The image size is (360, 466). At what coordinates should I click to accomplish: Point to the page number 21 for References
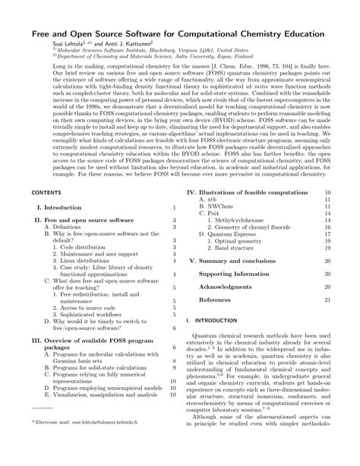click(327, 322)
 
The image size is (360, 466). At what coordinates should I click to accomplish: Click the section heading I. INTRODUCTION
click(212, 342)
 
